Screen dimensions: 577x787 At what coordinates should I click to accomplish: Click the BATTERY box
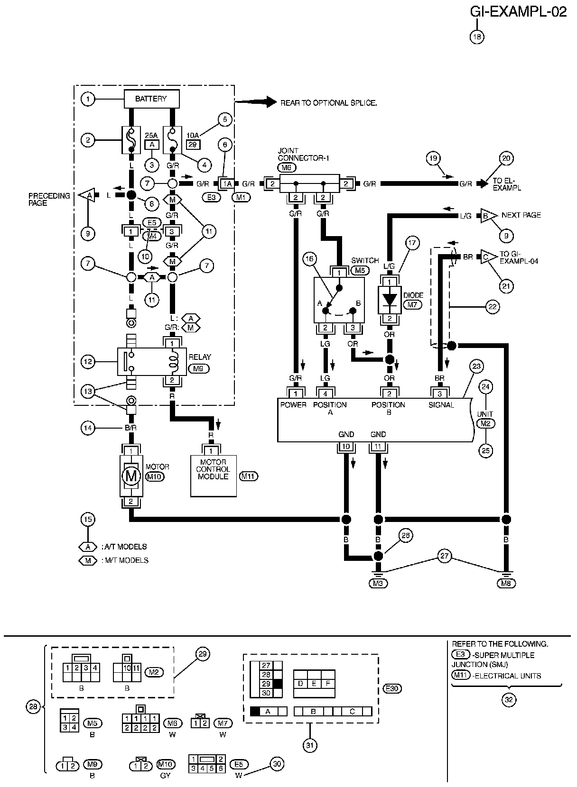pos(151,99)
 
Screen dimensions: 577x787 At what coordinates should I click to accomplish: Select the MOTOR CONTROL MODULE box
pos(214,476)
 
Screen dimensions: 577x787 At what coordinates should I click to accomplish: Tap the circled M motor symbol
pos(131,476)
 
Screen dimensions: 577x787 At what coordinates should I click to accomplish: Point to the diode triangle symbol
pos(390,299)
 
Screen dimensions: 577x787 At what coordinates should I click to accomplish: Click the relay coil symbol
pos(173,362)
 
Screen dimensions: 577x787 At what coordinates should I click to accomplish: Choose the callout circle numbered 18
pos(477,37)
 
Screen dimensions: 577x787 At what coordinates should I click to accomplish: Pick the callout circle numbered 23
pos(476,366)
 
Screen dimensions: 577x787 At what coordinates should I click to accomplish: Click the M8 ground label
pos(506,584)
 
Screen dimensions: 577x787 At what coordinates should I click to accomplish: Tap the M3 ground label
pos(378,584)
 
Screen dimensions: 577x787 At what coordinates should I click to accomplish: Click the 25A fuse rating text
pos(151,135)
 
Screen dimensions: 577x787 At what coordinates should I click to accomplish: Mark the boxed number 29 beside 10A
pos(193,145)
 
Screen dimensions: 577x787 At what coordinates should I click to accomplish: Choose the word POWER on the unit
pos(293,405)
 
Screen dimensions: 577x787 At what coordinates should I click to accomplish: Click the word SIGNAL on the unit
pos(441,405)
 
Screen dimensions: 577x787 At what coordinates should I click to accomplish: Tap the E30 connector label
pos(392,688)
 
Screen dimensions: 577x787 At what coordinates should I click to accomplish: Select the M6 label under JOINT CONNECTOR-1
pos(287,168)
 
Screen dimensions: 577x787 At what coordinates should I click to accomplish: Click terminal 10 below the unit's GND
pos(346,447)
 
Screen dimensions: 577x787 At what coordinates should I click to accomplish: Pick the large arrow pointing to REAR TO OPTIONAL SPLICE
pos(256,102)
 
